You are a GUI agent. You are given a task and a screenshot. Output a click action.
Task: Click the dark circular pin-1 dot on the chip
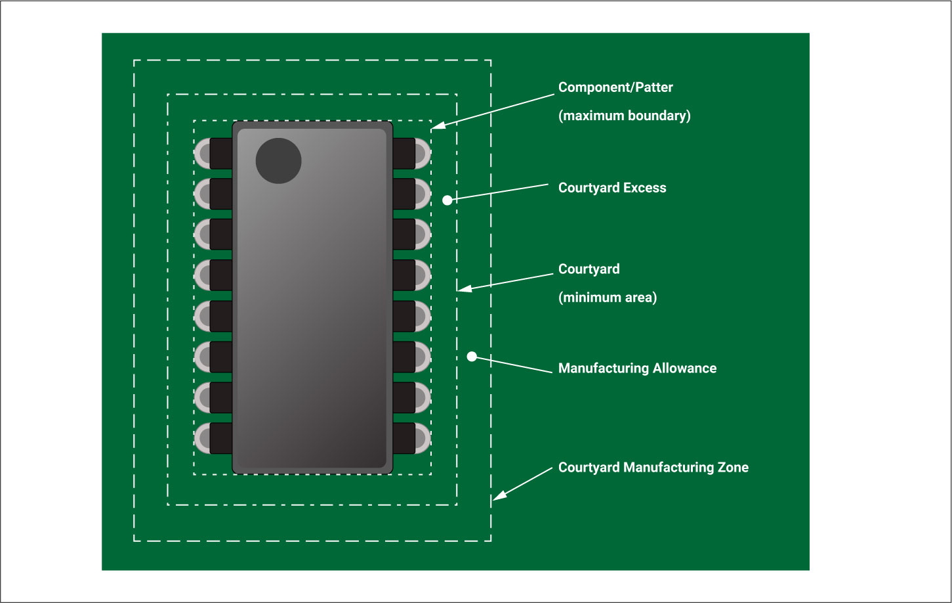pos(278,161)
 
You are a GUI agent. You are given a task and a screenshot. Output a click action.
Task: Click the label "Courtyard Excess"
pos(611,188)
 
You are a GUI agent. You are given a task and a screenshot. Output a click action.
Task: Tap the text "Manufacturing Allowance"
pos(637,368)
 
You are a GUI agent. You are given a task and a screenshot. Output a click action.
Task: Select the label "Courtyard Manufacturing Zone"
pos(653,468)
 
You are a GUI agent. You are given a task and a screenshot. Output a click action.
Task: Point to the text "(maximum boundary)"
pos(624,116)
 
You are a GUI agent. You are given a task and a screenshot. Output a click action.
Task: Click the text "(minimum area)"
pos(607,298)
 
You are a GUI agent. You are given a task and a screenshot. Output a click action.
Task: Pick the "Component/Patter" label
pos(615,87)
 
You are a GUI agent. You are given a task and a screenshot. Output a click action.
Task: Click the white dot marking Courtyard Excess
pos(447,200)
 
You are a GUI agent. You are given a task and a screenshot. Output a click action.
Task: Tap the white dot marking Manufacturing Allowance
pos(472,357)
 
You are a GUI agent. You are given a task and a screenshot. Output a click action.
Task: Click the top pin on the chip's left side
pos(214,153)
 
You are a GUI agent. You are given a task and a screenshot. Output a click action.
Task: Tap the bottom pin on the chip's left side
pos(214,438)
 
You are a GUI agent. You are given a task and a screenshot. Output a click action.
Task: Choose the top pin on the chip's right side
pos(411,153)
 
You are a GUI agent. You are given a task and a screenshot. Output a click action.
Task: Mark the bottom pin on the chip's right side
pos(411,438)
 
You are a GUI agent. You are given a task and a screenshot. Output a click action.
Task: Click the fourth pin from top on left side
pos(214,275)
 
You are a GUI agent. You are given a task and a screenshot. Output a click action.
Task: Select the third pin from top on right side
pos(411,234)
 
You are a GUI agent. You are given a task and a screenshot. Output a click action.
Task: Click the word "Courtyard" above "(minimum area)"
pos(589,269)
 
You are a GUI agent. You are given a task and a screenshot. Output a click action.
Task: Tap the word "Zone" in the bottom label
pos(733,468)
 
